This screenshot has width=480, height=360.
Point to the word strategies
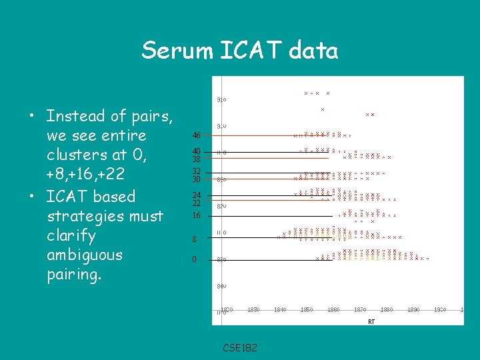click(x=105, y=216)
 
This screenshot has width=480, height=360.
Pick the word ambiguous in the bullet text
click(x=85, y=255)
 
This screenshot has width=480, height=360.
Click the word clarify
click(x=71, y=235)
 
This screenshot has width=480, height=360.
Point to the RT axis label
click(x=371, y=321)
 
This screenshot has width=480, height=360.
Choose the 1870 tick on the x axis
click(x=360, y=310)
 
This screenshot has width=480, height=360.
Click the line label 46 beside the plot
click(x=197, y=135)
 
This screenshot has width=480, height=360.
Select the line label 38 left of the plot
click(x=197, y=159)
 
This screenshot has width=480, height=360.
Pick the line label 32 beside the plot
click(x=197, y=171)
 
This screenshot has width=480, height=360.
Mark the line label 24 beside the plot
click(x=197, y=195)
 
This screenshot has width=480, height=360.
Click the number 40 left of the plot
click(x=197, y=151)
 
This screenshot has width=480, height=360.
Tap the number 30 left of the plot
click(x=197, y=179)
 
